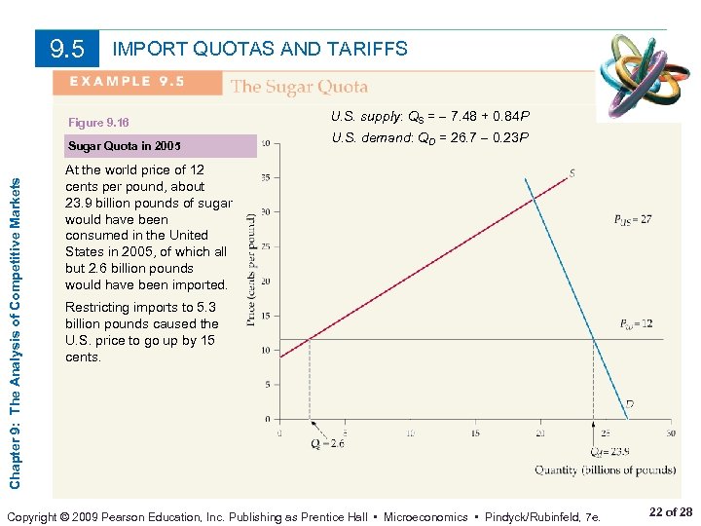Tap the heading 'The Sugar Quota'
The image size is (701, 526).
coord(299,87)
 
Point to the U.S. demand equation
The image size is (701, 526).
coord(429,138)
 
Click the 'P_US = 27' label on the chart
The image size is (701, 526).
coord(632,220)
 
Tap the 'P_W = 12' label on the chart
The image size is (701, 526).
coord(635,323)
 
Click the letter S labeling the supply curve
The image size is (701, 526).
coord(572,173)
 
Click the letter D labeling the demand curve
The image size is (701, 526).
coord(629,403)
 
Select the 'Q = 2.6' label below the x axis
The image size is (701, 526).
coord(327,444)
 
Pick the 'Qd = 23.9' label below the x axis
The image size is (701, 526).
coord(609,451)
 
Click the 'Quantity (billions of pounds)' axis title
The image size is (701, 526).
coord(605,470)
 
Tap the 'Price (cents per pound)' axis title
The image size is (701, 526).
coord(251,270)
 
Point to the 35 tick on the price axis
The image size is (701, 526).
coord(266,178)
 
